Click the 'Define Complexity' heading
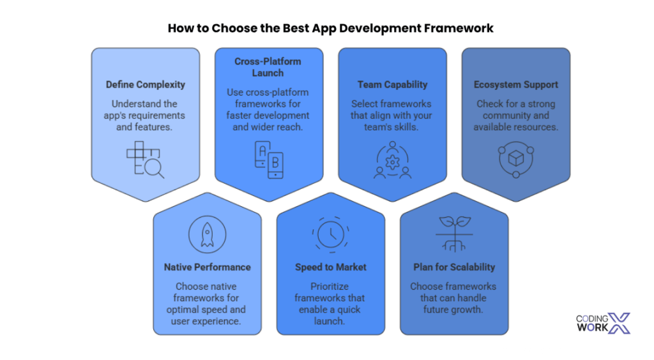pyautogui.click(x=145, y=85)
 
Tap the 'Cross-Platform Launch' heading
pyautogui.click(x=268, y=67)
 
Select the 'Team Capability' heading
pyautogui.click(x=392, y=85)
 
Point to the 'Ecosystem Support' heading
pyautogui.click(x=515, y=85)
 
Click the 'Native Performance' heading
pyautogui.click(x=208, y=267)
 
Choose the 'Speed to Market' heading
pyautogui.click(x=331, y=267)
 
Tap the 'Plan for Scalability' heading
pyautogui.click(x=454, y=267)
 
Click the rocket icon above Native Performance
pyautogui.click(x=208, y=235)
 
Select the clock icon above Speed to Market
pyautogui.click(x=331, y=235)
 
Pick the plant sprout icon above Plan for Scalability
pyautogui.click(x=454, y=234)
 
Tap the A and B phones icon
pyautogui.click(x=269, y=160)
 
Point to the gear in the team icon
pyautogui.click(x=393, y=162)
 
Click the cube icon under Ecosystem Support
pyautogui.click(x=516, y=159)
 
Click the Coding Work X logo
pyautogui.click(x=603, y=324)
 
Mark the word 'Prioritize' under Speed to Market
pyautogui.click(x=330, y=287)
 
